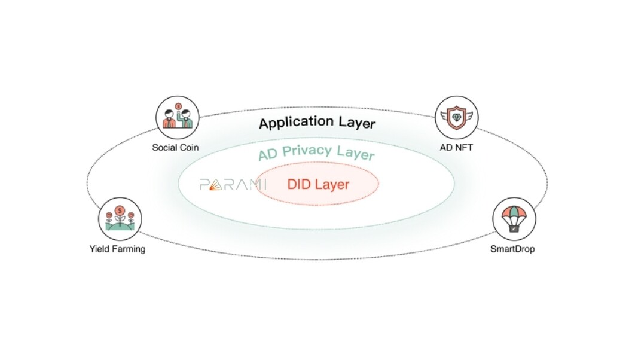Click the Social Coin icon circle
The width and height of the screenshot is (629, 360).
click(178, 118)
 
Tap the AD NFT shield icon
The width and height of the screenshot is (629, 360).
click(457, 117)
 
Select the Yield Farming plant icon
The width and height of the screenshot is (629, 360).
click(120, 218)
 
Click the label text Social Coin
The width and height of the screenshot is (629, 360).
click(175, 147)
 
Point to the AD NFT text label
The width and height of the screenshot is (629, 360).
click(456, 147)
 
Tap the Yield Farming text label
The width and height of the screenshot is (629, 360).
click(117, 249)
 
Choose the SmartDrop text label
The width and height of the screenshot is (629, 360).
click(512, 249)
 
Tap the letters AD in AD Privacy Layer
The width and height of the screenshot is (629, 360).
click(268, 154)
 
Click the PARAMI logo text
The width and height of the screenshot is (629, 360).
click(233, 184)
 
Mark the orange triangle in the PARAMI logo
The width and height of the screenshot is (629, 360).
click(216, 185)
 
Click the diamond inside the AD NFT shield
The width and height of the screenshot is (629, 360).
click(457, 117)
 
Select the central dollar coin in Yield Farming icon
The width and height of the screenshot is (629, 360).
click(120, 210)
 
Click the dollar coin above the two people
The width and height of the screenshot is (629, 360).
click(179, 106)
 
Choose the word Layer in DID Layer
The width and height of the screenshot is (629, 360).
click(332, 185)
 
